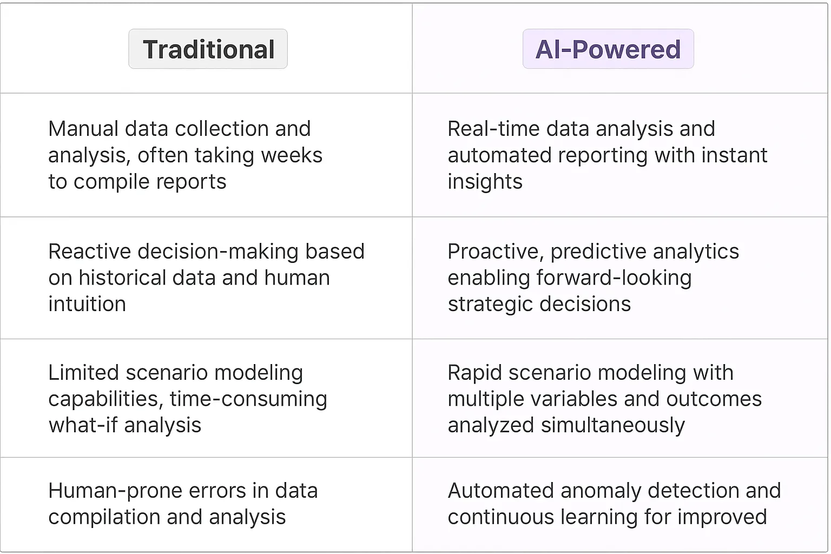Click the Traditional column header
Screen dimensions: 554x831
(208, 49)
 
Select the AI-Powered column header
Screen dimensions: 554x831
(608, 49)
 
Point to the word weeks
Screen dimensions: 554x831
(292, 155)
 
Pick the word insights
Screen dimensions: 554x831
(485, 182)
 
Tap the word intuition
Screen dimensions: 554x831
(87, 304)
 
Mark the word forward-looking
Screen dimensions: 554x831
(614, 278)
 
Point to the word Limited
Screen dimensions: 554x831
(83, 373)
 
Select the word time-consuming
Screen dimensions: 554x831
(248, 399)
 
